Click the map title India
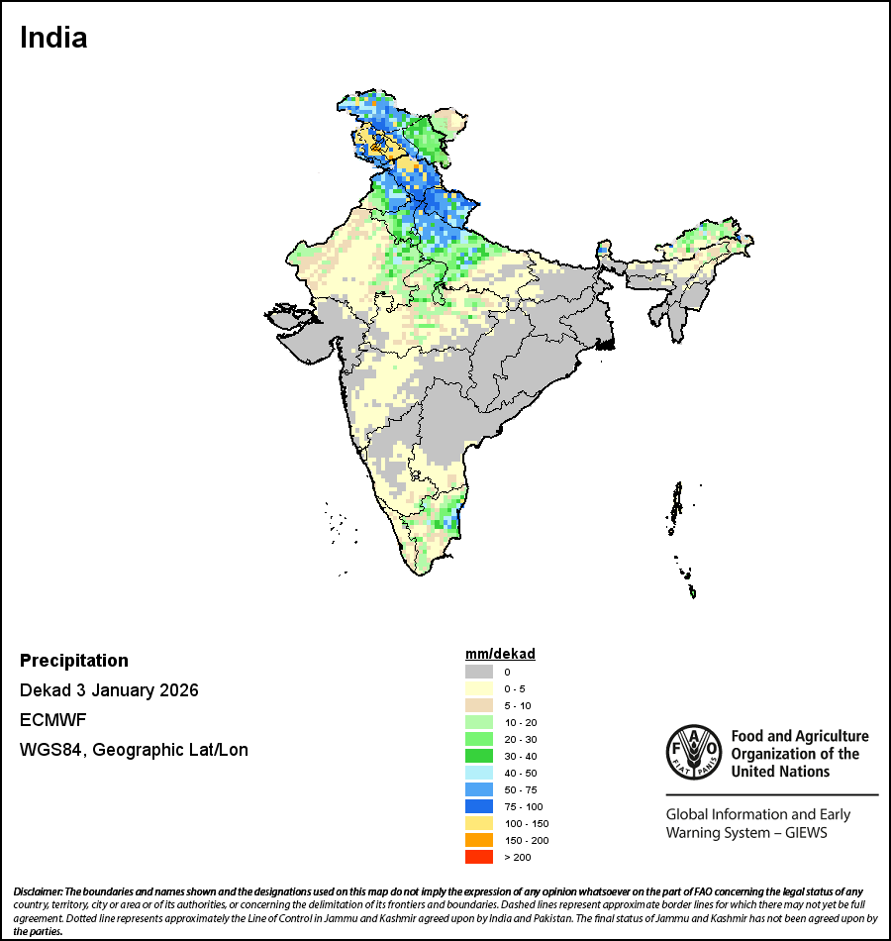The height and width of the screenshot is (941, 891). [53, 38]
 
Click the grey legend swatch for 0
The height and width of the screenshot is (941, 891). [479, 672]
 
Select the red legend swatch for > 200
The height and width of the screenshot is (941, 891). [479, 857]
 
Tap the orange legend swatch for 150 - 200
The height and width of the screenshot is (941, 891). [479, 840]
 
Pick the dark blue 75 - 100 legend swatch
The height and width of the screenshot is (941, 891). [479, 806]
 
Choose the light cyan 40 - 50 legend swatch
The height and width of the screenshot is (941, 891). [479, 773]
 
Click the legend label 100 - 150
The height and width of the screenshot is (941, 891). [526, 823]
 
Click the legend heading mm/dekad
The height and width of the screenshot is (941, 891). [500, 654]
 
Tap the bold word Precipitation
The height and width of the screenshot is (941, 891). [74, 661]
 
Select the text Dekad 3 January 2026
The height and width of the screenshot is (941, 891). [109, 690]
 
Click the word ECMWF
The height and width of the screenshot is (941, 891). [49, 720]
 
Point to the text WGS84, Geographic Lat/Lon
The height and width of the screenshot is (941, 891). [134, 750]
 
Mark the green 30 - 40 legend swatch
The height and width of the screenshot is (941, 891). [479, 756]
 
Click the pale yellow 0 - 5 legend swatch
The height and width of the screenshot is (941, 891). [479, 688]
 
